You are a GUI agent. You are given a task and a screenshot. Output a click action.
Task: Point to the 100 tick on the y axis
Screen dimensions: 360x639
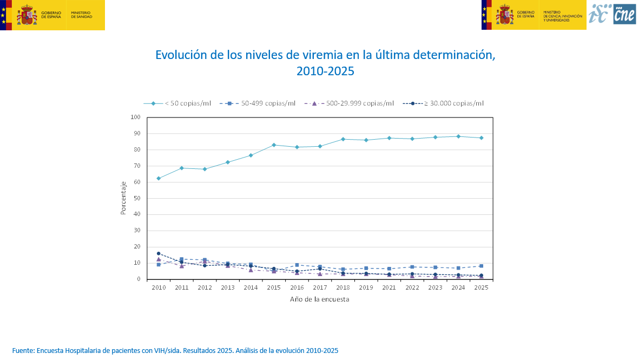[135, 117]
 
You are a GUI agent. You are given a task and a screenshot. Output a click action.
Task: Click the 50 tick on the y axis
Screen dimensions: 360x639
[137, 198]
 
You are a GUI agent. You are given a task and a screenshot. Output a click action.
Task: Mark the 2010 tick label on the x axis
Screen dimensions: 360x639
[159, 288]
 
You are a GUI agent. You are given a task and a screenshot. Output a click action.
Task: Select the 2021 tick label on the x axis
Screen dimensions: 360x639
[389, 288]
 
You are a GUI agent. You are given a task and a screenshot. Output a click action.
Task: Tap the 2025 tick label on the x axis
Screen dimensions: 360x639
[481, 288]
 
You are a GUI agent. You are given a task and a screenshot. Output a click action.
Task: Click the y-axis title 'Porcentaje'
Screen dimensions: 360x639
[123, 198]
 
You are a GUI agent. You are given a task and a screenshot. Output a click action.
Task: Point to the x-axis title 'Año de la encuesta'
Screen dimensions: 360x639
[319, 299]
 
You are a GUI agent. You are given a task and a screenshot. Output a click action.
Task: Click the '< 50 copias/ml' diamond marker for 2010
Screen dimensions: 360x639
[159, 178]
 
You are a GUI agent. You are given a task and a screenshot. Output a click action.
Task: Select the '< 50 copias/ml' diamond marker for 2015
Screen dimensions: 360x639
[274, 145]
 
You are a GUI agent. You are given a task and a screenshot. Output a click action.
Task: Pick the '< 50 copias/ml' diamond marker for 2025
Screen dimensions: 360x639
[481, 138]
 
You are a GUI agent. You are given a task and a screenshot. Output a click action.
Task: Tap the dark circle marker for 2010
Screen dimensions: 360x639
[159, 253]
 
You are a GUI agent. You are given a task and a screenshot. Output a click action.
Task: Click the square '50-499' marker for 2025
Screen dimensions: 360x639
[481, 266]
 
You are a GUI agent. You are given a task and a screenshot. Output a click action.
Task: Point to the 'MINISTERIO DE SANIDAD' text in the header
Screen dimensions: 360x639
[81, 15]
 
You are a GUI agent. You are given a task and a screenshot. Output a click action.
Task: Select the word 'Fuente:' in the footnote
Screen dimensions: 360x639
[23, 351]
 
